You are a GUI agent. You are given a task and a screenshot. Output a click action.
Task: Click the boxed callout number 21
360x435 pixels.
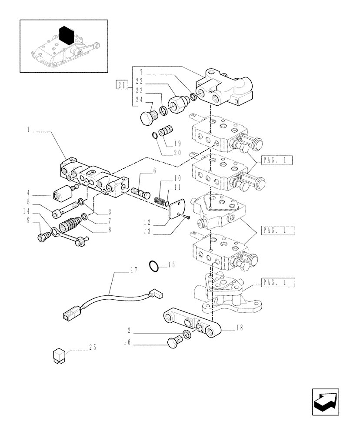pyautogui.click(x=122, y=85)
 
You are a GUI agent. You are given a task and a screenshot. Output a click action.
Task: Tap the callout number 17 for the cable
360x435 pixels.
pyautogui.click(x=133, y=270)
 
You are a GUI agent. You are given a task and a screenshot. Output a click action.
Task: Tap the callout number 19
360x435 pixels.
pyautogui.click(x=178, y=143)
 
